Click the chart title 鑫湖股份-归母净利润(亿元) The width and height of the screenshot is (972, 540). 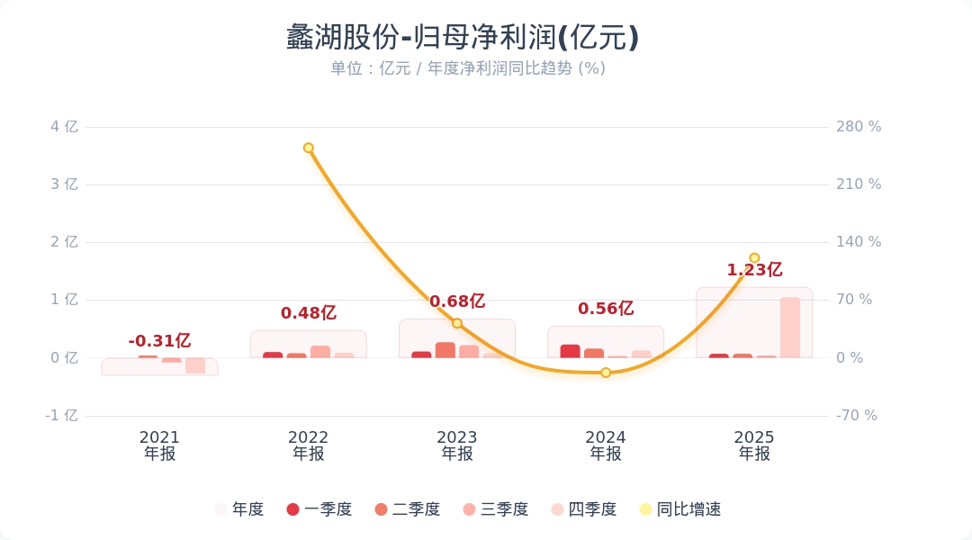(463, 38)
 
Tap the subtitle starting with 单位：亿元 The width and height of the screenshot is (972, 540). (467, 68)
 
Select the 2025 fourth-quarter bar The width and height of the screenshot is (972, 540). (790, 328)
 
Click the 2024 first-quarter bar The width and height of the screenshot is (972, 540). (570, 351)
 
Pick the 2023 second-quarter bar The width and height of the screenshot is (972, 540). (445, 350)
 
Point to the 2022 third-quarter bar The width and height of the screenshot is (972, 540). (320, 352)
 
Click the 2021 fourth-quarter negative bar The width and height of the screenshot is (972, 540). (195, 365)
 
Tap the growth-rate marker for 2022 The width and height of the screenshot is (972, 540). (309, 148)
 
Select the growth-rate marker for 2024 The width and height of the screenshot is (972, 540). (606, 373)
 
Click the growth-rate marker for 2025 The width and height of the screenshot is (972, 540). (754, 258)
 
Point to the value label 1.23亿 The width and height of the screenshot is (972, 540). (754, 270)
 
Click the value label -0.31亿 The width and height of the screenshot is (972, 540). (159, 341)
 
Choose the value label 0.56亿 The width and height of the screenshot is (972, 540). (606, 309)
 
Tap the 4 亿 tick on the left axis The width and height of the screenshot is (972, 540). (64, 127)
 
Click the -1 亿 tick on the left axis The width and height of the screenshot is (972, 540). (62, 416)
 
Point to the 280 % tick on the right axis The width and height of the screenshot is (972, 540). (859, 127)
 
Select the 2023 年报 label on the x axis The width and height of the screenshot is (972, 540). (457, 445)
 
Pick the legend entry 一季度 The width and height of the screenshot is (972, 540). (319, 509)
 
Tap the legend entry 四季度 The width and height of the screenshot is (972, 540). (583, 509)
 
